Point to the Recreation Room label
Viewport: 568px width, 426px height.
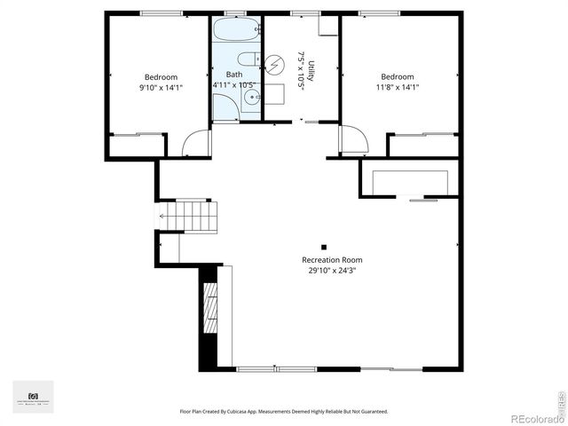(x=332, y=260)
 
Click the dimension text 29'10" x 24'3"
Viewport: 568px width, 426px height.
(x=332, y=272)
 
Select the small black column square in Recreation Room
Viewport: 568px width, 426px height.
(x=324, y=247)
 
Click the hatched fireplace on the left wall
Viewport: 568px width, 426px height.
(x=209, y=307)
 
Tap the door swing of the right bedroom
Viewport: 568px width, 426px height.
(x=352, y=139)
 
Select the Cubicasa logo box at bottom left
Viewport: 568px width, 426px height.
(x=33, y=396)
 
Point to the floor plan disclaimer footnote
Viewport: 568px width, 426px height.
(x=284, y=412)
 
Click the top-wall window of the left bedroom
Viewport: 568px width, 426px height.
(x=156, y=12)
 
